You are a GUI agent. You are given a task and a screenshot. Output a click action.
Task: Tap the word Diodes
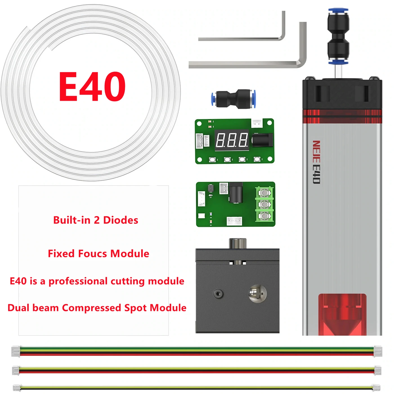tap(121, 220)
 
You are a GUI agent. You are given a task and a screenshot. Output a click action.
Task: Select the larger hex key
tap(248, 64)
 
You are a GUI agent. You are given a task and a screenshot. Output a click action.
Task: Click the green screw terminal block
tap(264, 204)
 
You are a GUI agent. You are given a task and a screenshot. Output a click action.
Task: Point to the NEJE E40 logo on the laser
tap(316, 162)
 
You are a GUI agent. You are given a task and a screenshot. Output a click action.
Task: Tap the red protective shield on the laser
tap(342, 314)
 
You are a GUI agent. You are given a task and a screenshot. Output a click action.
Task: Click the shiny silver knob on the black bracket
tap(257, 294)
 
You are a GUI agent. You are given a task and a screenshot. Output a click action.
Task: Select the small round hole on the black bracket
tap(218, 294)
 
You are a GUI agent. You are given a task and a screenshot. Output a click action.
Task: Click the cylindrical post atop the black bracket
tap(238, 243)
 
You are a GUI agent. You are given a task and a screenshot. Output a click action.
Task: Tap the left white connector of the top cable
tap(16, 352)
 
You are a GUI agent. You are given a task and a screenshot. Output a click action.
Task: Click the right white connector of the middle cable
tap(378, 370)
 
